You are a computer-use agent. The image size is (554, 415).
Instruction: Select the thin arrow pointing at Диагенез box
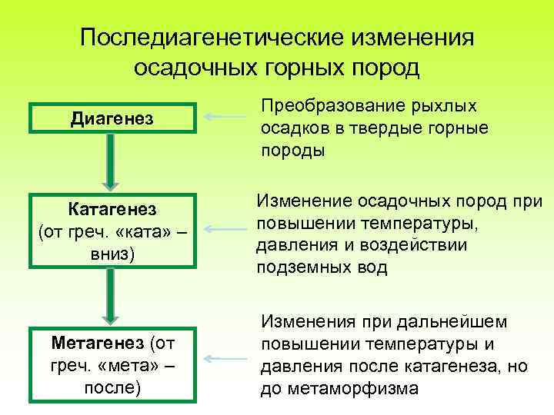click(226, 117)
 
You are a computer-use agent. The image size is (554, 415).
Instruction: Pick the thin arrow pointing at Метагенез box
click(226, 358)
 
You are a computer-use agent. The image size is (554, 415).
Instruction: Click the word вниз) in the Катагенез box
click(112, 251)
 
